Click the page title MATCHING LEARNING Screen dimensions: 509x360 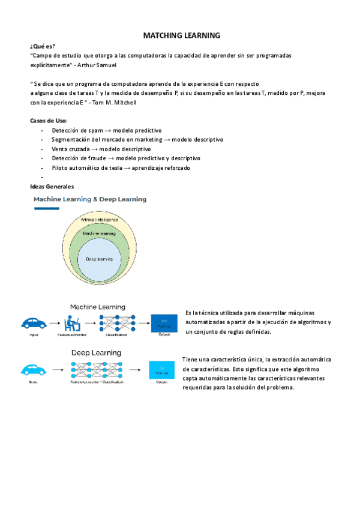pos(182,35)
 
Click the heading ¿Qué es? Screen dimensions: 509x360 pos(42,46)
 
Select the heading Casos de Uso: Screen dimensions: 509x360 pos(49,121)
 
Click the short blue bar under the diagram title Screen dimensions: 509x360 pos(46,208)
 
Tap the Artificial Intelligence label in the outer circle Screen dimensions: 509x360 pos(100,220)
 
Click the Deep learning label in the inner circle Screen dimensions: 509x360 pos(100,259)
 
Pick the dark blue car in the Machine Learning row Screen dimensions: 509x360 pos(34,322)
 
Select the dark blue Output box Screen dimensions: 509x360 pos(164,322)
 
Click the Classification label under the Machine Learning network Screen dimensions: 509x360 pos(116,335)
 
